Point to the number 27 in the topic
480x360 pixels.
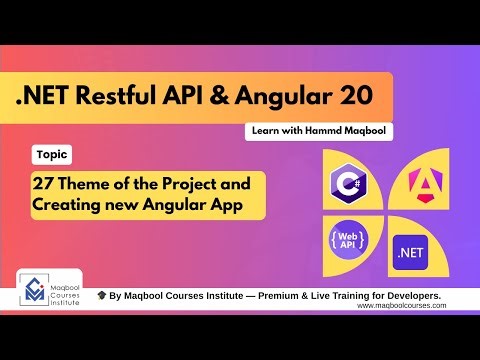47,185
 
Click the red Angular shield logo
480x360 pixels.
420,181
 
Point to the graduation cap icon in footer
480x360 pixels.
102,297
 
